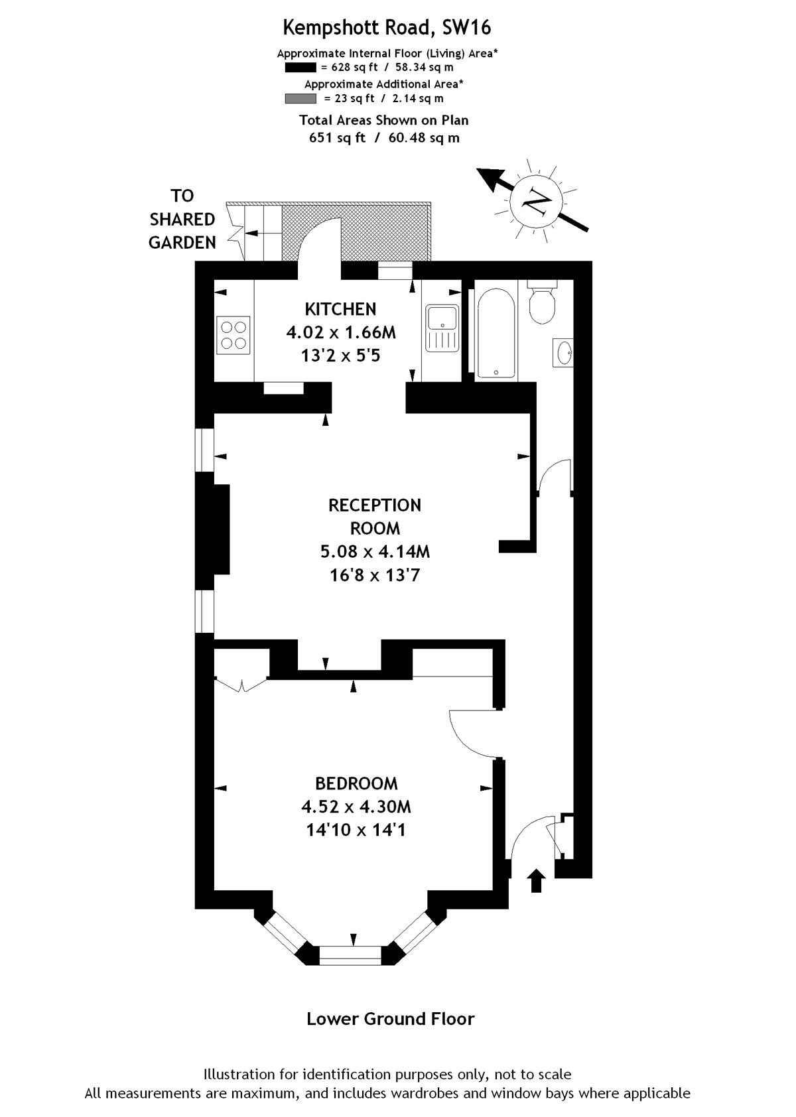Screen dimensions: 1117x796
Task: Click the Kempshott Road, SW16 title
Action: coord(387,28)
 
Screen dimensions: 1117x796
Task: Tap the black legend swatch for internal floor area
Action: coord(300,67)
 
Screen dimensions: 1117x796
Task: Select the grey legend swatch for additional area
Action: coord(300,98)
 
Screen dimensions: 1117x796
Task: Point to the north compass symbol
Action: coord(536,200)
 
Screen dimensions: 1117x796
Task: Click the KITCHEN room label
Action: coord(340,309)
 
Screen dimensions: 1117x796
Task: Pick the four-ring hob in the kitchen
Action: coord(233,335)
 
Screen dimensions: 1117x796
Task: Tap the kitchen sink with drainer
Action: coord(442,328)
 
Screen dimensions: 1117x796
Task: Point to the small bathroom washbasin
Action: coord(563,352)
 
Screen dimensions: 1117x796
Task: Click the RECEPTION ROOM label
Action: coord(375,517)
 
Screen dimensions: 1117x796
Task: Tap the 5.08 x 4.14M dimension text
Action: coord(375,551)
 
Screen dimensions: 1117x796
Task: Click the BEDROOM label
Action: coord(356,783)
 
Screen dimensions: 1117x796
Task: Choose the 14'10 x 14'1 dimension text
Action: coord(356,830)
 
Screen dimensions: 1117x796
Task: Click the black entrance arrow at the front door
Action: coord(537,882)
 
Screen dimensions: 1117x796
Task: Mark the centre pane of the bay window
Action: coord(351,954)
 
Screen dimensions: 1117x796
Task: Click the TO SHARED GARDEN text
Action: coord(182,219)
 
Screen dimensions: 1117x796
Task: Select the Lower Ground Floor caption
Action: coord(390,1019)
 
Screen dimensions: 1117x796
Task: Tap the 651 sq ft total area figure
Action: coord(338,138)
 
